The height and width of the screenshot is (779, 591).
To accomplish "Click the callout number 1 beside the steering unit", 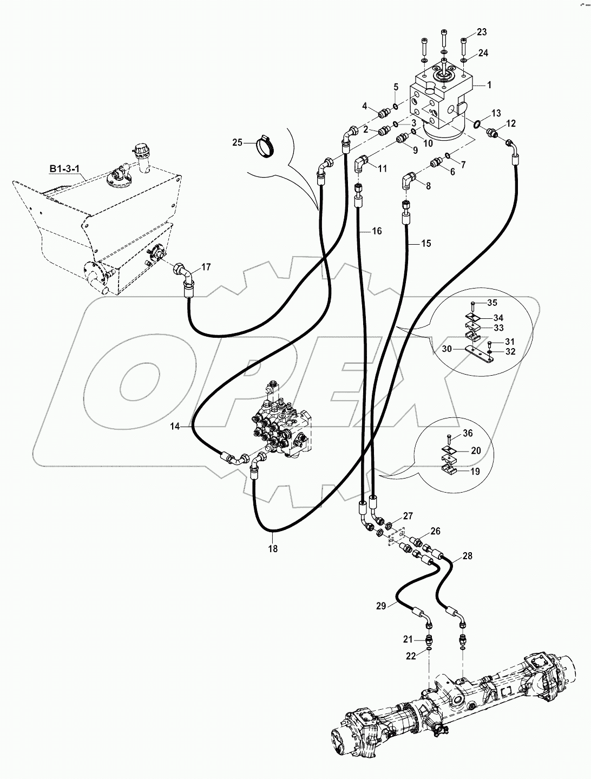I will (489, 85).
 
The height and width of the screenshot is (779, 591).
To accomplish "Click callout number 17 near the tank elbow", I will (206, 267).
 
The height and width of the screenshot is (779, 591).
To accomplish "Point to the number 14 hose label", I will (175, 427).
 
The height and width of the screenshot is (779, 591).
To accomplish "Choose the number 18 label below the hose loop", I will (273, 548).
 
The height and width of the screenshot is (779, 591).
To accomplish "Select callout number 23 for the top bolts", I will (482, 32).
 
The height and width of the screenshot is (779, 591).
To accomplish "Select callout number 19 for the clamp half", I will (475, 472).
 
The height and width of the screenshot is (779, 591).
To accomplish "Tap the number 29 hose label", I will (381, 606).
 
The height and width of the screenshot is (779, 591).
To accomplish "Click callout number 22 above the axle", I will (411, 656).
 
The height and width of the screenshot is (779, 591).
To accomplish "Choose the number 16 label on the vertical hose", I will (377, 231).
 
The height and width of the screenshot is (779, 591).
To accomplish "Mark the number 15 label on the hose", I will (426, 244).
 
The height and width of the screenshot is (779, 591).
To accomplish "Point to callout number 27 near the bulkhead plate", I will (408, 515).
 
